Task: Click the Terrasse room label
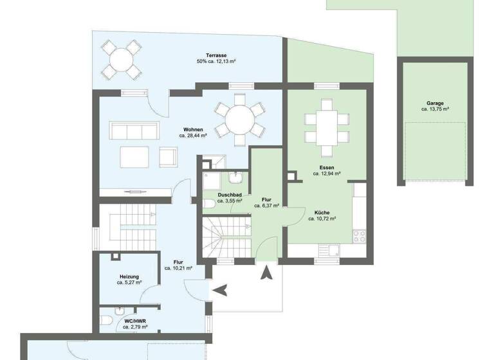tap(215, 55)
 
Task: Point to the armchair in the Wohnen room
tap(168, 156)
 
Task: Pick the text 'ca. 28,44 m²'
tap(193, 136)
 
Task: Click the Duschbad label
tap(229, 194)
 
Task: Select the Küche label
tap(323, 212)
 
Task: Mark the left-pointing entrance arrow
tap(220, 291)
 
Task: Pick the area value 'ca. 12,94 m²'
tap(327, 173)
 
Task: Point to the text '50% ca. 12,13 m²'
tap(216, 62)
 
